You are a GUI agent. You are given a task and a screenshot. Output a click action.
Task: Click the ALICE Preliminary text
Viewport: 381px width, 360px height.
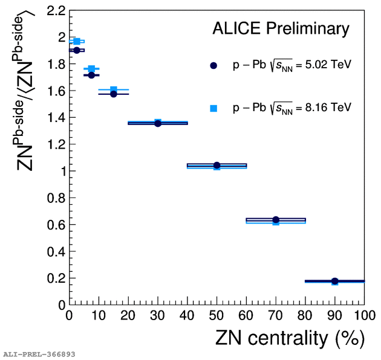(x=281, y=28)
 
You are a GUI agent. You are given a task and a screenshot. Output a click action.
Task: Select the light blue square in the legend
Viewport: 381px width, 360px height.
(x=213, y=108)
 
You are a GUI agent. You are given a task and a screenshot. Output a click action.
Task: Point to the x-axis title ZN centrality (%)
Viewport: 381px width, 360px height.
(x=290, y=339)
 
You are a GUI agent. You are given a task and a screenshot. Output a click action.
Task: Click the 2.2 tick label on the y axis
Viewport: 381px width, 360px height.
(x=53, y=10)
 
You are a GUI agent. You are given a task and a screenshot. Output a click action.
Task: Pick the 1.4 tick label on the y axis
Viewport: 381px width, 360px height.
(x=53, y=118)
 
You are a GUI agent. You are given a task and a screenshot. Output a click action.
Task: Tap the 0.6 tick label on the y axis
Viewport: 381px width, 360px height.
(x=53, y=225)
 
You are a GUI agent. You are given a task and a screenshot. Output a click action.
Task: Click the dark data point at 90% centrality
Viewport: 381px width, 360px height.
(x=334, y=281)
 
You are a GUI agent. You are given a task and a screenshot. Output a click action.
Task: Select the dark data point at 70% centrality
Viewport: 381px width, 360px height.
(x=276, y=220)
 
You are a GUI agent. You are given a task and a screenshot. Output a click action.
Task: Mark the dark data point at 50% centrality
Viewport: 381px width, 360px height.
(x=217, y=166)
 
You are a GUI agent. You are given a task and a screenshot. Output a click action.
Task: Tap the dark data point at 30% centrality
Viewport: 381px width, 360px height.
(x=158, y=123)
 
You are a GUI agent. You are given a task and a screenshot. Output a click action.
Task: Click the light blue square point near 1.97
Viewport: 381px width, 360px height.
(x=77, y=41)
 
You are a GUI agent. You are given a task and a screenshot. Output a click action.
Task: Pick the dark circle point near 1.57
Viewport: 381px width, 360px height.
(x=114, y=94)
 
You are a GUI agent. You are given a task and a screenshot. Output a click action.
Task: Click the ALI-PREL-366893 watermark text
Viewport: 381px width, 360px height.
(x=39, y=354)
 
